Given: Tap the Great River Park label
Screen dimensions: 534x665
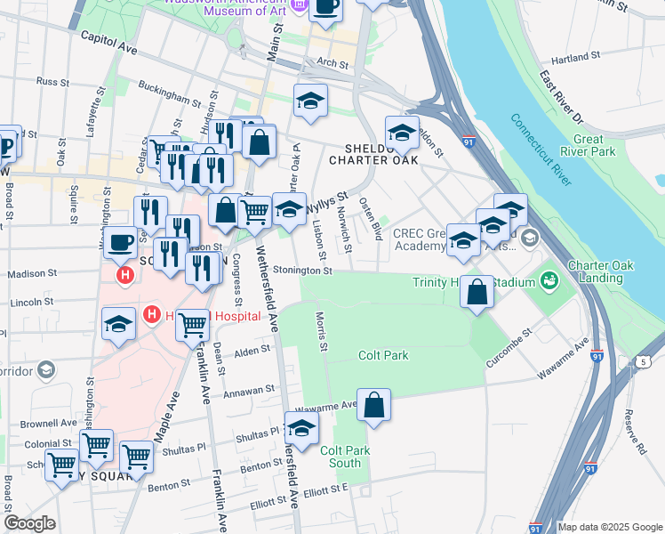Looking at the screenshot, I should (x=595, y=146).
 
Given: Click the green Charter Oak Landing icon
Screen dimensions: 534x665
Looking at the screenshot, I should (x=550, y=280).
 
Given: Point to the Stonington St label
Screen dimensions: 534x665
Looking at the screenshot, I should (x=302, y=271).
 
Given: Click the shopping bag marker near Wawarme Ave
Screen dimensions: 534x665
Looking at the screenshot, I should (x=374, y=405).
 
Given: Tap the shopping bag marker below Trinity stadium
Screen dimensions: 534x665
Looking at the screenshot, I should (x=477, y=291).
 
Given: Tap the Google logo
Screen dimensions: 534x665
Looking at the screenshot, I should (x=29, y=523).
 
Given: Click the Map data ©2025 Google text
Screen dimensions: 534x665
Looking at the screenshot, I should (x=611, y=527).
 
